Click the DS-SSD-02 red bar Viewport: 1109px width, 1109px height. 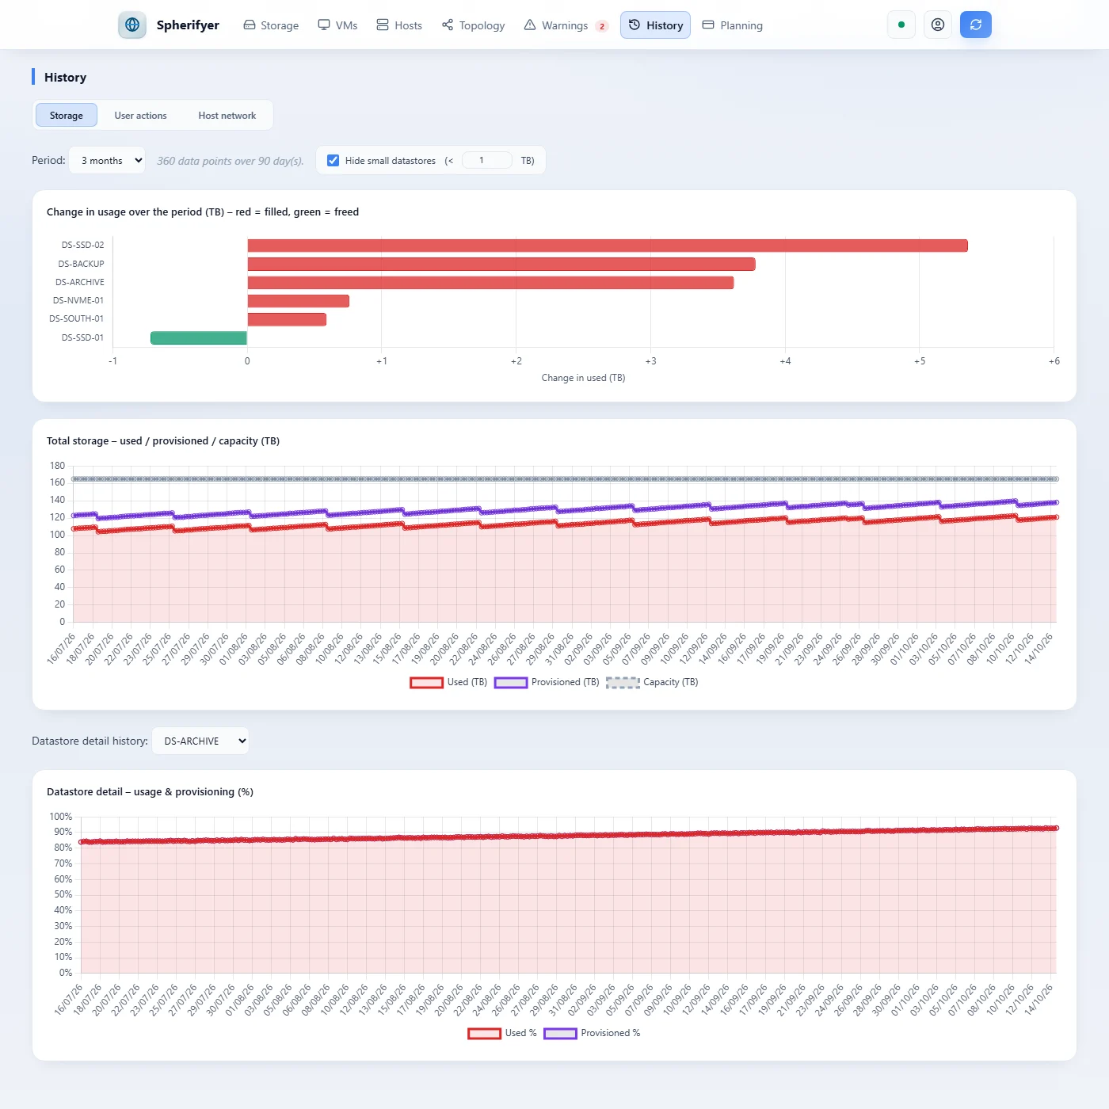pyautogui.click(x=607, y=246)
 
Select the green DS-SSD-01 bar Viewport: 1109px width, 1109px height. pyautogui.click(x=199, y=337)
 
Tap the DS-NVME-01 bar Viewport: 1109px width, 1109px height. pyautogui.click(x=298, y=301)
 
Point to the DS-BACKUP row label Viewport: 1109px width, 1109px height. pyautogui.click(x=81, y=264)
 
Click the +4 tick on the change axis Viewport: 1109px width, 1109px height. pyautogui.click(x=785, y=361)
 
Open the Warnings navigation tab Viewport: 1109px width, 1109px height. pyautogui.click(x=566, y=25)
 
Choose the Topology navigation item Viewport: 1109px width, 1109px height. pyautogui.click(x=473, y=25)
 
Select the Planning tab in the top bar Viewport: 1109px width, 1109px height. pyautogui.click(x=733, y=25)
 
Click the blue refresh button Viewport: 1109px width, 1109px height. pyautogui.click(x=975, y=25)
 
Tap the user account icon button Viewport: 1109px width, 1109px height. pyautogui.click(x=937, y=25)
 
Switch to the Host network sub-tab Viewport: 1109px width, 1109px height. pyautogui.click(x=227, y=115)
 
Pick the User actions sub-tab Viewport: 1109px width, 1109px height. pyautogui.click(x=140, y=115)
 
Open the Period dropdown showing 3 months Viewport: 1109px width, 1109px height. pyautogui.click(x=107, y=161)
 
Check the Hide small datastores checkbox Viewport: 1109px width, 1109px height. pyautogui.click(x=333, y=161)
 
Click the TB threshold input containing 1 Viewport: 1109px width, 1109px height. pyautogui.click(x=486, y=161)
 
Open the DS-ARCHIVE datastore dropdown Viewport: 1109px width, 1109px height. pyautogui.click(x=200, y=741)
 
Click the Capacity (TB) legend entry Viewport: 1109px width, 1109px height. pyautogui.click(x=652, y=682)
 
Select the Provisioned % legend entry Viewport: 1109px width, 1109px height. pyautogui.click(x=592, y=1033)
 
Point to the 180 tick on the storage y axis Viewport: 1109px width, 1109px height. pyautogui.click(x=58, y=466)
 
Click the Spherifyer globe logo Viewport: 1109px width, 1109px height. pyautogui.click(x=132, y=25)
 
